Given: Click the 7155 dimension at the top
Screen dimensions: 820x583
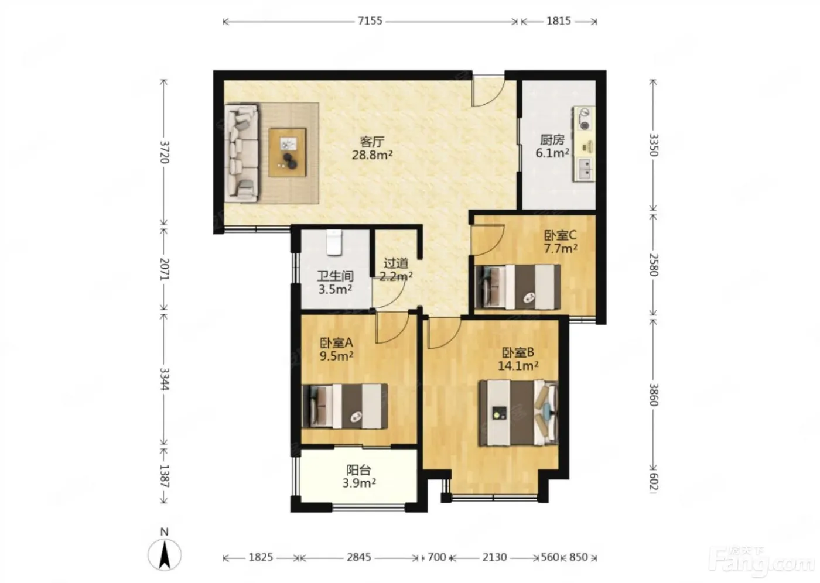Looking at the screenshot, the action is (x=370, y=21).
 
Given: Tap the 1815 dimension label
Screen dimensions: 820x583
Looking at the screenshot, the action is (x=559, y=21).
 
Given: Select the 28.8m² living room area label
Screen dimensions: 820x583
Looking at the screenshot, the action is (x=373, y=155).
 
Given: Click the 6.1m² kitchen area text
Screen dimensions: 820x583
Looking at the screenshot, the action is (x=552, y=153).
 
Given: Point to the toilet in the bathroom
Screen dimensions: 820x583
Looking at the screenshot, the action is (x=334, y=242).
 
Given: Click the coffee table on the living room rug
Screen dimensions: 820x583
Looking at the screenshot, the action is (x=288, y=152).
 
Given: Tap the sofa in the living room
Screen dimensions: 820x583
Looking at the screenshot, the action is (x=241, y=153).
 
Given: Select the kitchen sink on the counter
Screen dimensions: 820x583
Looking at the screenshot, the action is (x=585, y=169).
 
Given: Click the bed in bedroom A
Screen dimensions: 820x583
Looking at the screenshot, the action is (x=344, y=406).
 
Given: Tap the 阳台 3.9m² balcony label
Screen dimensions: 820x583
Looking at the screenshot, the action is (x=359, y=476).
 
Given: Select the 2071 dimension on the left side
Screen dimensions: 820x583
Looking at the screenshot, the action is (x=165, y=269).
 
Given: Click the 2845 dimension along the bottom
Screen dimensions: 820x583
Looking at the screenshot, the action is (x=358, y=557).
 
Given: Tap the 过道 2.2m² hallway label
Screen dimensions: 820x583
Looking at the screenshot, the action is (x=396, y=270).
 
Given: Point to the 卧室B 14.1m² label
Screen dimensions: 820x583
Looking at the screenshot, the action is (x=518, y=359).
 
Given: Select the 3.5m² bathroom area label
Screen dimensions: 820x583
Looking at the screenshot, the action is (x=335, y=290).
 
